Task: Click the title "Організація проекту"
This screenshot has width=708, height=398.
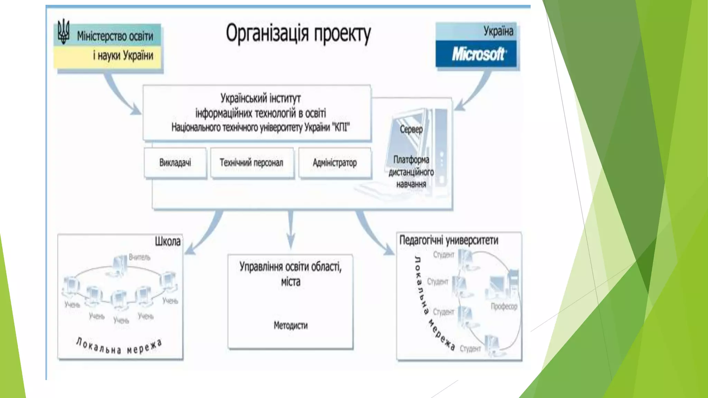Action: tap(298, 34)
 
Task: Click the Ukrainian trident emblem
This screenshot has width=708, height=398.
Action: tap(63, 32)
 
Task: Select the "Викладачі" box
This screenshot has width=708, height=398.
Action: tap(175, 163)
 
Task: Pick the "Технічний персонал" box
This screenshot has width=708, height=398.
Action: tap(252, 163)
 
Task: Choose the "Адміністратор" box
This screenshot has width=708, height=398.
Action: tap(335, 163)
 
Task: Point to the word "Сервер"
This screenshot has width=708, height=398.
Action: tap(411, 129)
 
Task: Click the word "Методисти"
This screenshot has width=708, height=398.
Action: tap(290, 325)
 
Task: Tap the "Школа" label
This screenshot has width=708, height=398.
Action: tap(168, 241)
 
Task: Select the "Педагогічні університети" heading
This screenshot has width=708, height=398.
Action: tap(449, 240)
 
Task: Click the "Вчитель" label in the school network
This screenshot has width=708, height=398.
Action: tap(140, 257)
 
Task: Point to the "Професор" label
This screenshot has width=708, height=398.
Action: tap(504, 306)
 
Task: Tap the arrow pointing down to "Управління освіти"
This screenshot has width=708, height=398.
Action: tap(291, 230)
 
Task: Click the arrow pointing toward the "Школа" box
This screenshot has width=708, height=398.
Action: tap(204, 235)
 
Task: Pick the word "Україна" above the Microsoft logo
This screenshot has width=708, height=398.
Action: tap(498, 31)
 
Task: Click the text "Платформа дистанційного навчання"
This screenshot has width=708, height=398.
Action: tap(411, 172)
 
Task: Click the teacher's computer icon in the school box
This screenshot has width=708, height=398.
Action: tap(120, 264)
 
